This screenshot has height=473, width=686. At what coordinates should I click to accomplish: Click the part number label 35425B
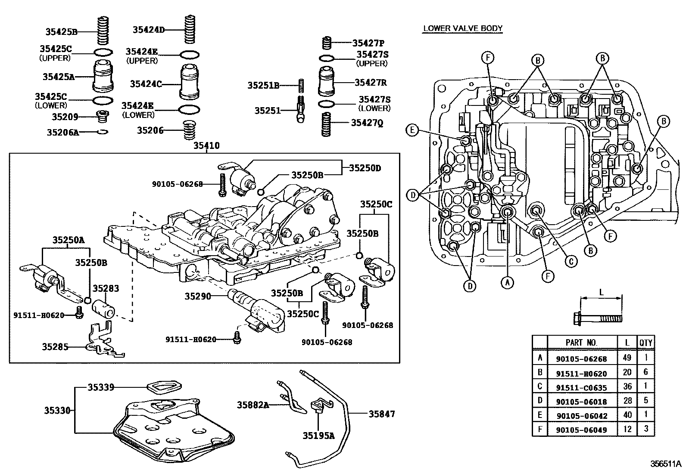tap(61, 31)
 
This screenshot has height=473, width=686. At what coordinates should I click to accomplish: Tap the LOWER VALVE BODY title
tap(463, 28)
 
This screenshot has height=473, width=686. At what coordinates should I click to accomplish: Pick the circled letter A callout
tap(507, 282)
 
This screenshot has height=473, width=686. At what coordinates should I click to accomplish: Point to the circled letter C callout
tap(571, 261)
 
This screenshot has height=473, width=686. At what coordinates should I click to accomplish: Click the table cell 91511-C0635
tap(581, 387)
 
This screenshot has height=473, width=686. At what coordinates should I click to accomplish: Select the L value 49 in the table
tap(627, 358)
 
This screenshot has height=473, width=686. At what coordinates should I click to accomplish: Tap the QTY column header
tap(645, 343)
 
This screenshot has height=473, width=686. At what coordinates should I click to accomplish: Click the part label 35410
tap(206, 146)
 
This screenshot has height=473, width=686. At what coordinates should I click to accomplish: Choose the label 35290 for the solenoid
tap(198, 296)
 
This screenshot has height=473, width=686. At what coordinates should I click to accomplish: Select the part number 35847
tap(381, 414)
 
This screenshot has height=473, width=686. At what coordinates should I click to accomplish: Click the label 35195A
tap(318, 436)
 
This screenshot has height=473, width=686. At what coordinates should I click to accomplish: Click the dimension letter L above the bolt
tap(602, 292)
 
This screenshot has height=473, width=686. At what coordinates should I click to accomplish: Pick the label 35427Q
tap(367, 123)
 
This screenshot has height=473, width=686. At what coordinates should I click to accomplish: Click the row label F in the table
tap(539, 429)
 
